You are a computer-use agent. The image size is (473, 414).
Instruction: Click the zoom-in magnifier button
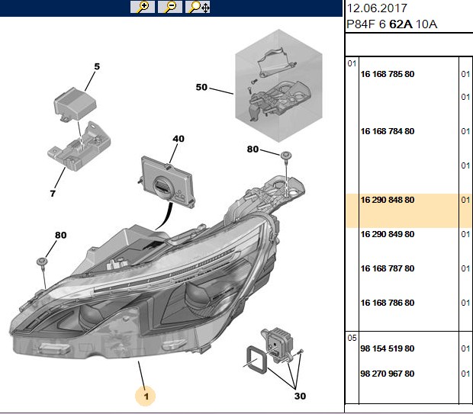pos(143,7)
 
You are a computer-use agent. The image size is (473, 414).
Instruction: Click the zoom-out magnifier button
pos(170,7)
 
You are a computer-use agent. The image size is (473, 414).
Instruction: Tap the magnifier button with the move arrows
pos(198,7)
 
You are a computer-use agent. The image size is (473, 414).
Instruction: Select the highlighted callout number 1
pos(146,396)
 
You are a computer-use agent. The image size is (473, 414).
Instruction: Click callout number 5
pos(97,66)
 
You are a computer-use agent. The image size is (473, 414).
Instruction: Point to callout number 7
pos(53,194)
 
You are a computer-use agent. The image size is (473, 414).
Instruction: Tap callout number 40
pos(179,139)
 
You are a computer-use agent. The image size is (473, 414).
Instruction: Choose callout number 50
pos(201,87)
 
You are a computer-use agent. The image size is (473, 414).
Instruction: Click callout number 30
pos(300,396)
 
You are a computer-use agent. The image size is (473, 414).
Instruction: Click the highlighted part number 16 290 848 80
pos(388,200)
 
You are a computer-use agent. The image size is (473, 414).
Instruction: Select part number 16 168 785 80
pos(388,74)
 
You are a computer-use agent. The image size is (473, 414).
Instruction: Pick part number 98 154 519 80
pos(388,348)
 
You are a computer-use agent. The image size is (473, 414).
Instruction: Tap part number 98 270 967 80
pos(388,374)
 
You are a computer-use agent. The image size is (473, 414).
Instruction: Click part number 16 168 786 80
pos(388,303)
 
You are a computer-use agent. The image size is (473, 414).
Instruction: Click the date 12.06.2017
pos(377,8)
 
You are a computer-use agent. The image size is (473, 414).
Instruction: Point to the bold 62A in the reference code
pos(401,24)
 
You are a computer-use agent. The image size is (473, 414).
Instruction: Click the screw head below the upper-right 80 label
pos(286,156)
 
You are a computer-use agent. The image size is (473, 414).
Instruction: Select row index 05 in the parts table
pos(352,338)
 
